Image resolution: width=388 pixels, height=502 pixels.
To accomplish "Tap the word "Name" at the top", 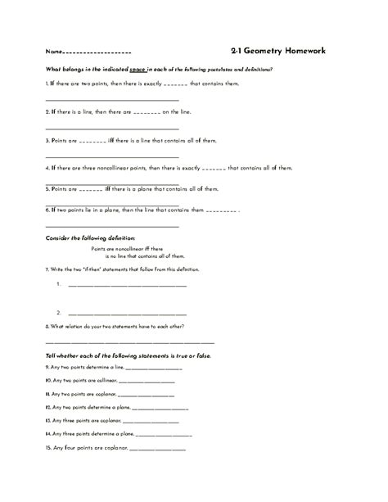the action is [x=52, y=52].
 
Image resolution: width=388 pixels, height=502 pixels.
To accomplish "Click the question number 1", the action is [x=47, y=84].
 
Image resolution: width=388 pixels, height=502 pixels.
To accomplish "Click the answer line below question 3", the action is [x=111, y=156].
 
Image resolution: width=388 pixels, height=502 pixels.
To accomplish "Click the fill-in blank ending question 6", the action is [x=221, y=210].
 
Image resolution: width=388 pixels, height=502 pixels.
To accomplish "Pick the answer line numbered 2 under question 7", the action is [x=127, y=314].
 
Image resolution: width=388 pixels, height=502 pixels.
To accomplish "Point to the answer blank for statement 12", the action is [x=159, y=407].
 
